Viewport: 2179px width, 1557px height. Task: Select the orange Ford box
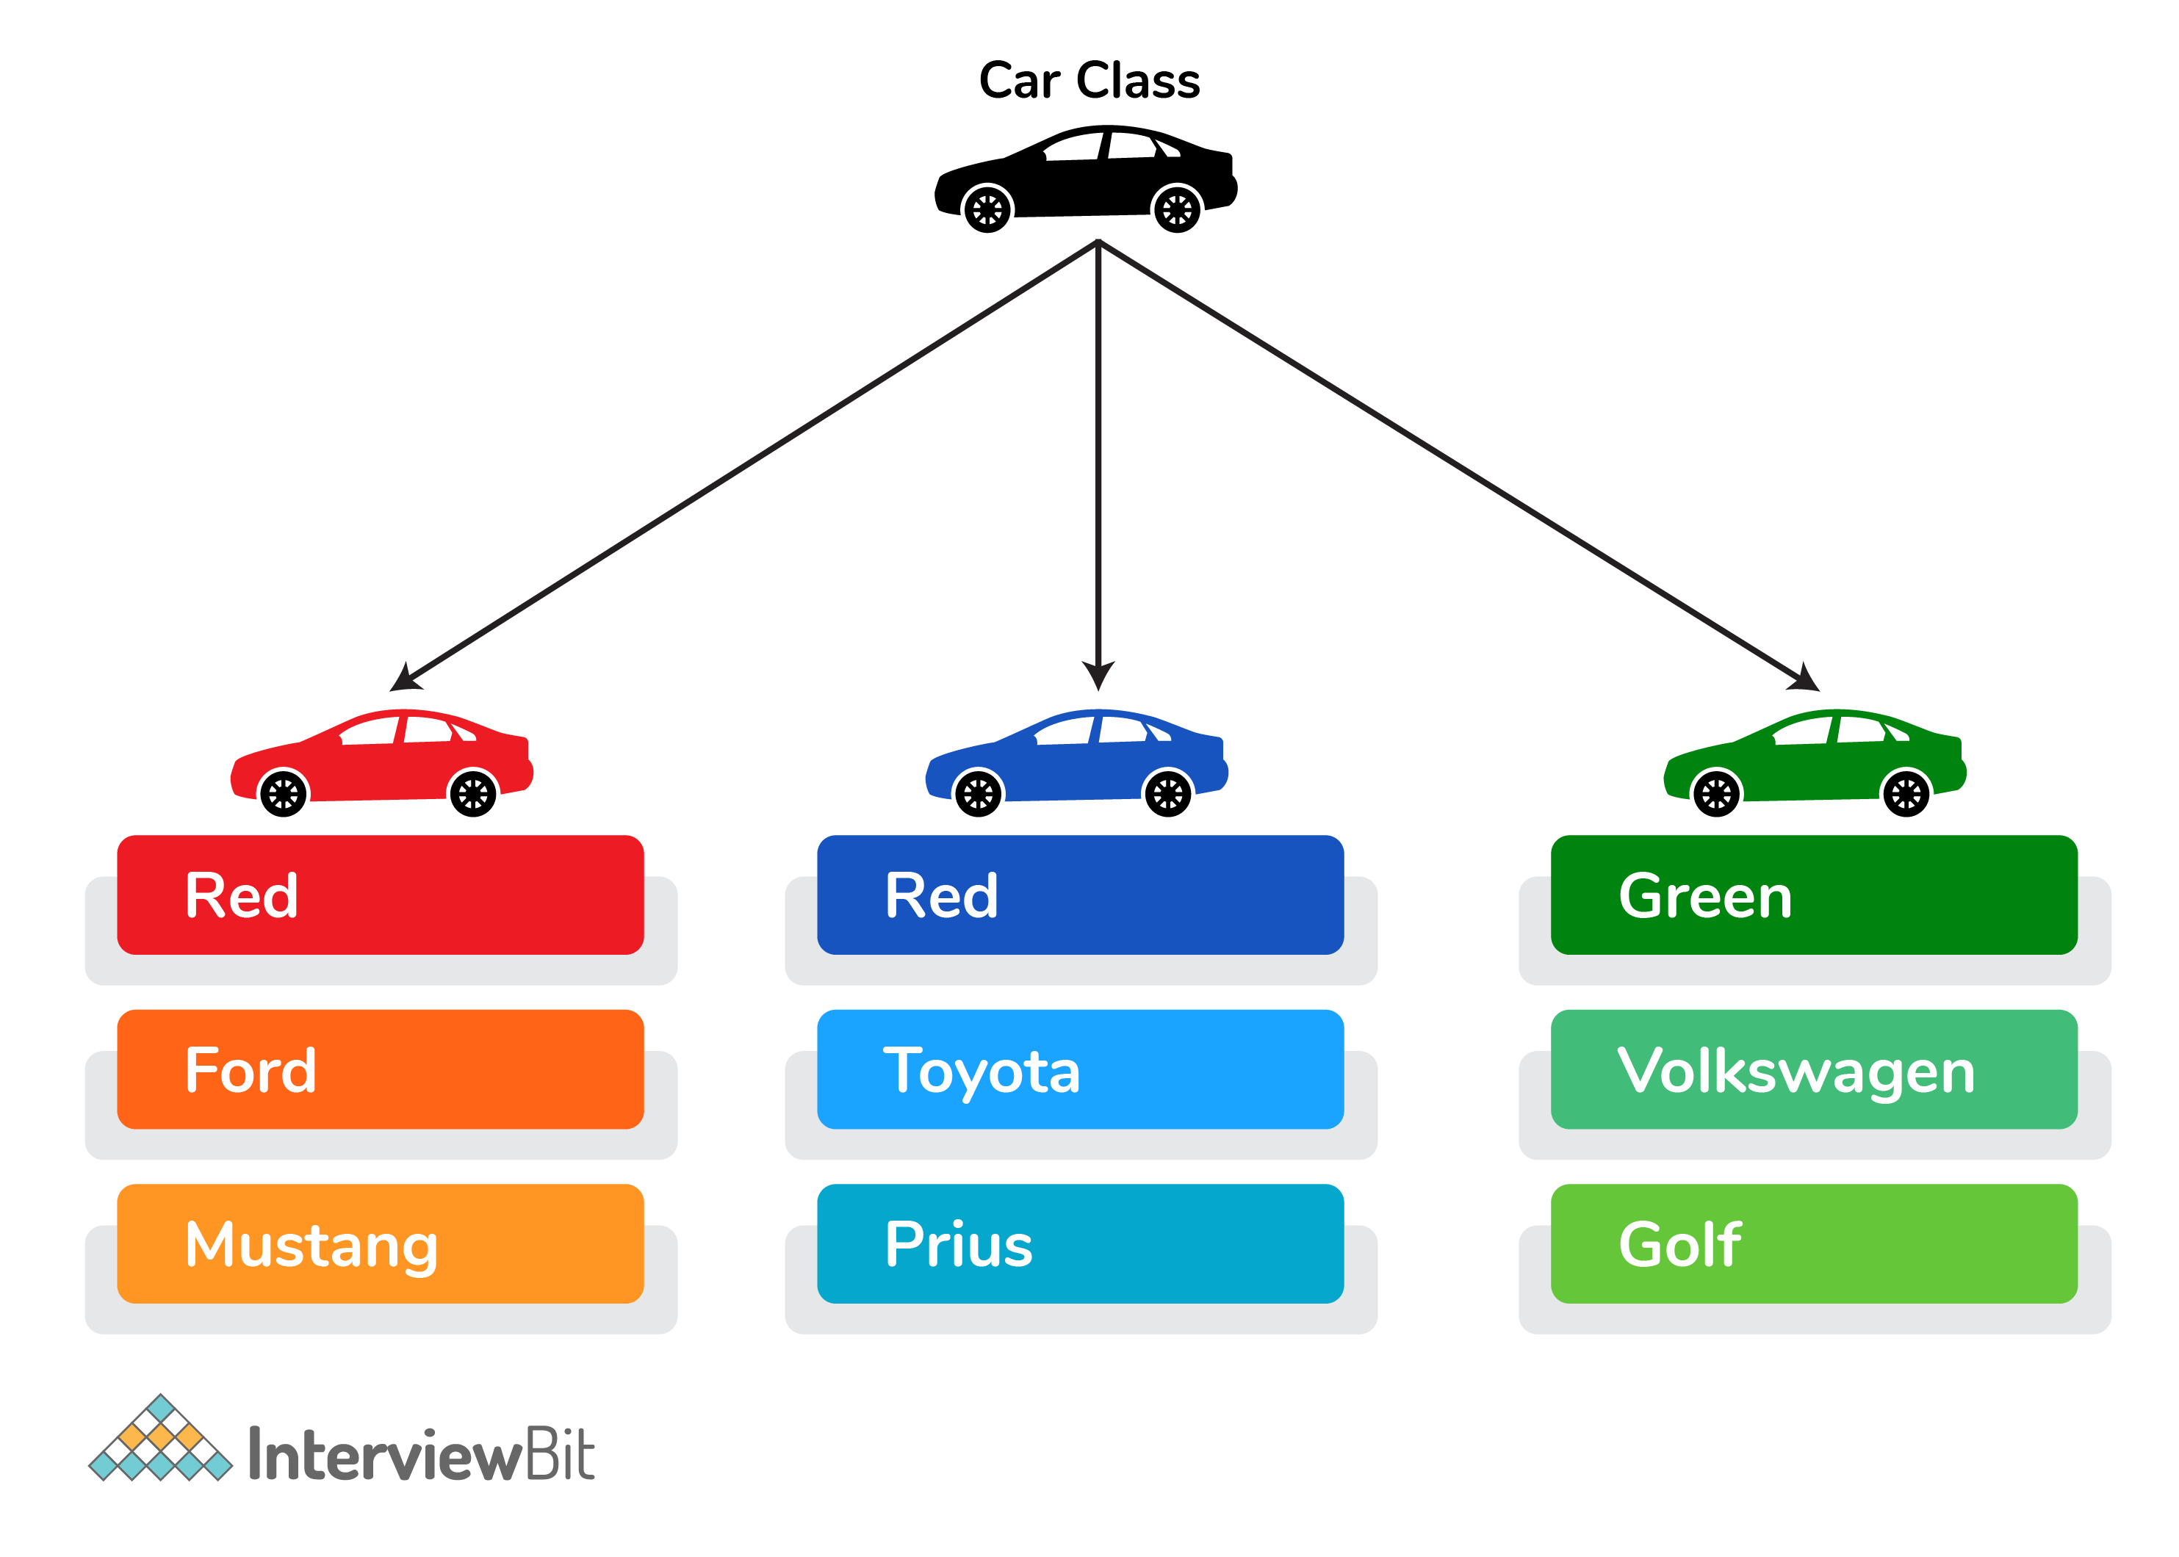[x=380, y=1069]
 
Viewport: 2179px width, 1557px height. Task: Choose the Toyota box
[x=1080, y=1069]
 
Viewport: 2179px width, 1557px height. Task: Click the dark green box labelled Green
[x=1814, y=895]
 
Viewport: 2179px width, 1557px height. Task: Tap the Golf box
[x=1814, y=1243]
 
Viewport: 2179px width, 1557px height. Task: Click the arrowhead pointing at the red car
[x=405, y=679]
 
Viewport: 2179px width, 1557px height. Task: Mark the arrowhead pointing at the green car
[x=1804, y=679]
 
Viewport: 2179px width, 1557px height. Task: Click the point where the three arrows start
[x=1098, y=242]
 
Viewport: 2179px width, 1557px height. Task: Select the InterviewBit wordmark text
[x=422, y=1454]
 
